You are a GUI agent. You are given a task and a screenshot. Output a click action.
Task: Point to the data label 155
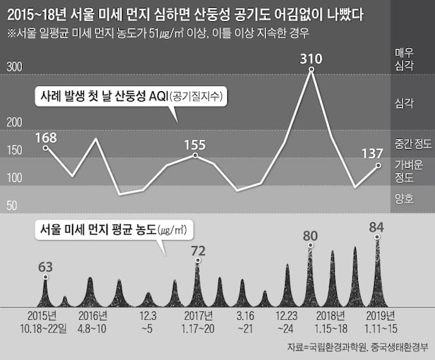[194, 145]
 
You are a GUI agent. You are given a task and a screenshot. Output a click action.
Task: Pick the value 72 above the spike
[198, 250]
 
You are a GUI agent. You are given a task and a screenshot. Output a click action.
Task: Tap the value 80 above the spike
[310, 235]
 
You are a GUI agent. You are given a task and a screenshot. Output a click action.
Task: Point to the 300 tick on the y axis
[15, 67]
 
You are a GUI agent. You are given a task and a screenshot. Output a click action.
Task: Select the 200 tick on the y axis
[15, 123]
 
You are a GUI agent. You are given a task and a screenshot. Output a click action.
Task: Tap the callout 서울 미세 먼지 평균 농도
[113, 230]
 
